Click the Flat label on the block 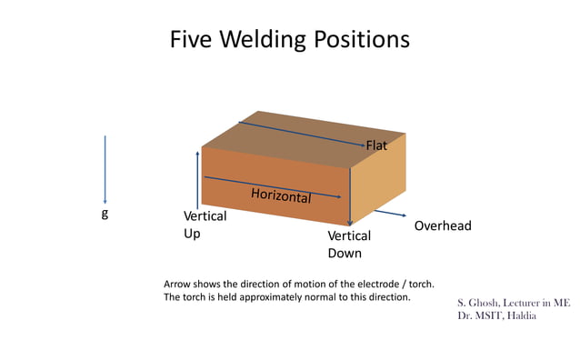pyautogui.click(x=377, y=146)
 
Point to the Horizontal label pyautogui.click(x=281, y=195)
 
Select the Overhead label pyautogui.click(x=443, y=225)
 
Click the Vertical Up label pyautogui.click(x=205, y=225)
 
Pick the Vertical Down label pyautogui.click(x=349, y=245)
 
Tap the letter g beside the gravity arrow pyautogui.click(x=104, y=215)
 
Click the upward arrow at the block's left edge pyautogui.click(x=197, y=181)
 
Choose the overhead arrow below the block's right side pyautogui.click(x=390, y=214)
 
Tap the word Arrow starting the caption pyautogui.click(x=178, y=283)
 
